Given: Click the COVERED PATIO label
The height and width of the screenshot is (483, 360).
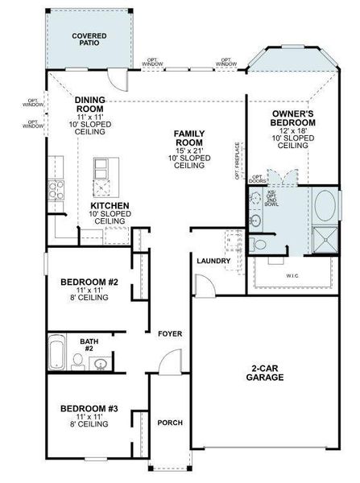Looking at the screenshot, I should (x=89, y=41).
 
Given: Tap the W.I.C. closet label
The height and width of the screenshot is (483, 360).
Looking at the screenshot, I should (x=292, y=275).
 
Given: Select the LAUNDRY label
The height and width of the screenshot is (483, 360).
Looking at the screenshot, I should (x=213, y=261).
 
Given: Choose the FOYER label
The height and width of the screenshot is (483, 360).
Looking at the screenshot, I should (x=169, y=333).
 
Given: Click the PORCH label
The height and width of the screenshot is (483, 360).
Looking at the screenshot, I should (x=169, y=423).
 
